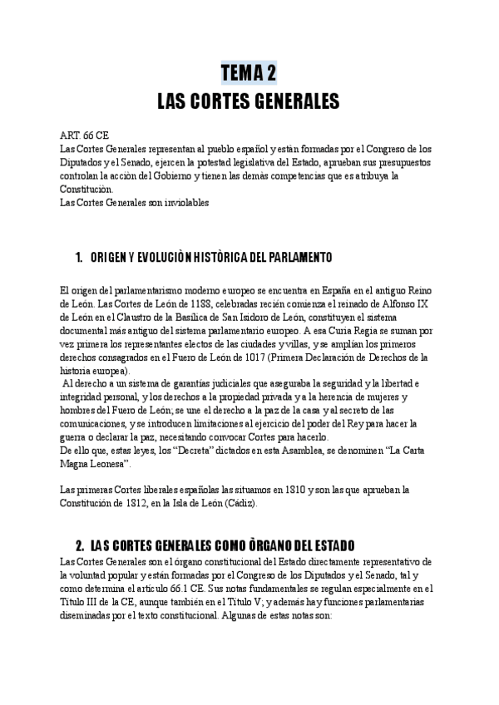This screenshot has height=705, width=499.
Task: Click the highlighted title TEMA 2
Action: click(x=249, y=73)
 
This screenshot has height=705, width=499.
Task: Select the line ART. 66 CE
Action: click(x=84, y=135)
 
